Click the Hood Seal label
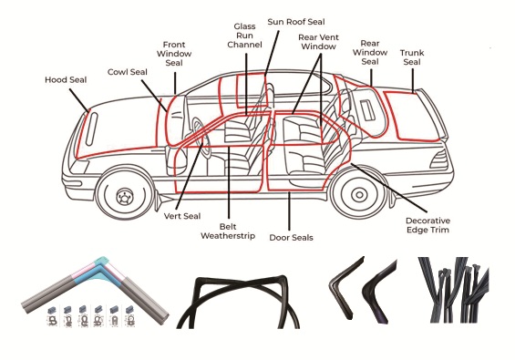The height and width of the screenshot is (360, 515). (x=66, y=80)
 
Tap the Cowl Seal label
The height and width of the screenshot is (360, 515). (x=128, y=72)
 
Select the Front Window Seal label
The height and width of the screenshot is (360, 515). (x=174, y=54)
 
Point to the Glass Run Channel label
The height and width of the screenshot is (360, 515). (x=244, y=36)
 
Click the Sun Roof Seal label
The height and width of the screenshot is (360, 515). (x=296, y=22)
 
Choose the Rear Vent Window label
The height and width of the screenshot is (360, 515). (x=318, y=42)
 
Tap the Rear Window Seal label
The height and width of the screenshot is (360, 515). (x=370, y=53)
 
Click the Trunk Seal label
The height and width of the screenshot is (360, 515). (x=412, y=57)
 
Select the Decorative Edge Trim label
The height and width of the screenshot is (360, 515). (x=428, y=225)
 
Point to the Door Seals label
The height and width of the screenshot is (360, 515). (x=291, y=238)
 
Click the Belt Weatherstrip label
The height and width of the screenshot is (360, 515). (x=228, y=231)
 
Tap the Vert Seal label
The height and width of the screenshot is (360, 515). (x=182, y=216)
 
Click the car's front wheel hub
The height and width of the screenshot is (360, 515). (x=125, y=197)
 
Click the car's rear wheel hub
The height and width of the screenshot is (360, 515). (x=359, y=195)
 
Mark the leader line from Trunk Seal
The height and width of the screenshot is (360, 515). (x=413, y=79)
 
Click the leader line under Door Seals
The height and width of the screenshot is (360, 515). (x=289, y=211)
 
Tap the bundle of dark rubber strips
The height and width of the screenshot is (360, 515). (x=453, y=289)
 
